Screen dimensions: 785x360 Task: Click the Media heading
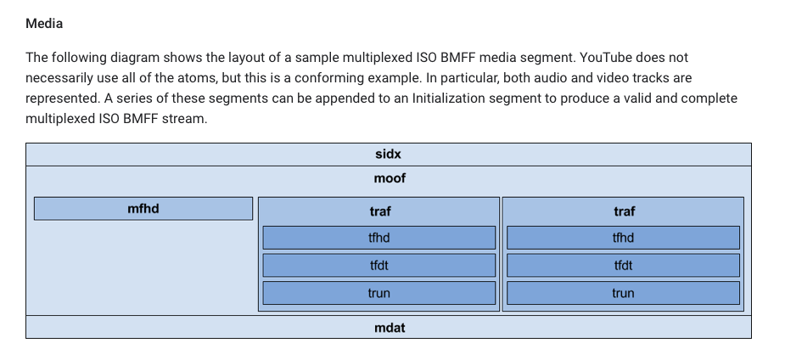click(44, 24)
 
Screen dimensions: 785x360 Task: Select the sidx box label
click(388, 155)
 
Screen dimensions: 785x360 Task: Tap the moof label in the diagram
click(390, 178)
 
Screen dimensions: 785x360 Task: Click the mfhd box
click(143, 208)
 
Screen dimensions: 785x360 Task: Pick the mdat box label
click(390, 328)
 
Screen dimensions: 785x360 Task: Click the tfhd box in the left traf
click(379, 238)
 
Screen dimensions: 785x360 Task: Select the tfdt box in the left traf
click(379, 266)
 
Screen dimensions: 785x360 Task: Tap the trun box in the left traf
click(379, 293)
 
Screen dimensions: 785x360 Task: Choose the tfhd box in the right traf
click(623, 238)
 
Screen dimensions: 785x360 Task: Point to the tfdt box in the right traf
click(623, 266)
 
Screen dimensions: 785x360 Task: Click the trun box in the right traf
click(623, 293)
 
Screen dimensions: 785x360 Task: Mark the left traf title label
click(380, 211)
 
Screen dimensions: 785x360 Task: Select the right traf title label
click(625, 211)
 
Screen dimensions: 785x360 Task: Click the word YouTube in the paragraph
click(606, 58)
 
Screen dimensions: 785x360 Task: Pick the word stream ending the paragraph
click(184, 119)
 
